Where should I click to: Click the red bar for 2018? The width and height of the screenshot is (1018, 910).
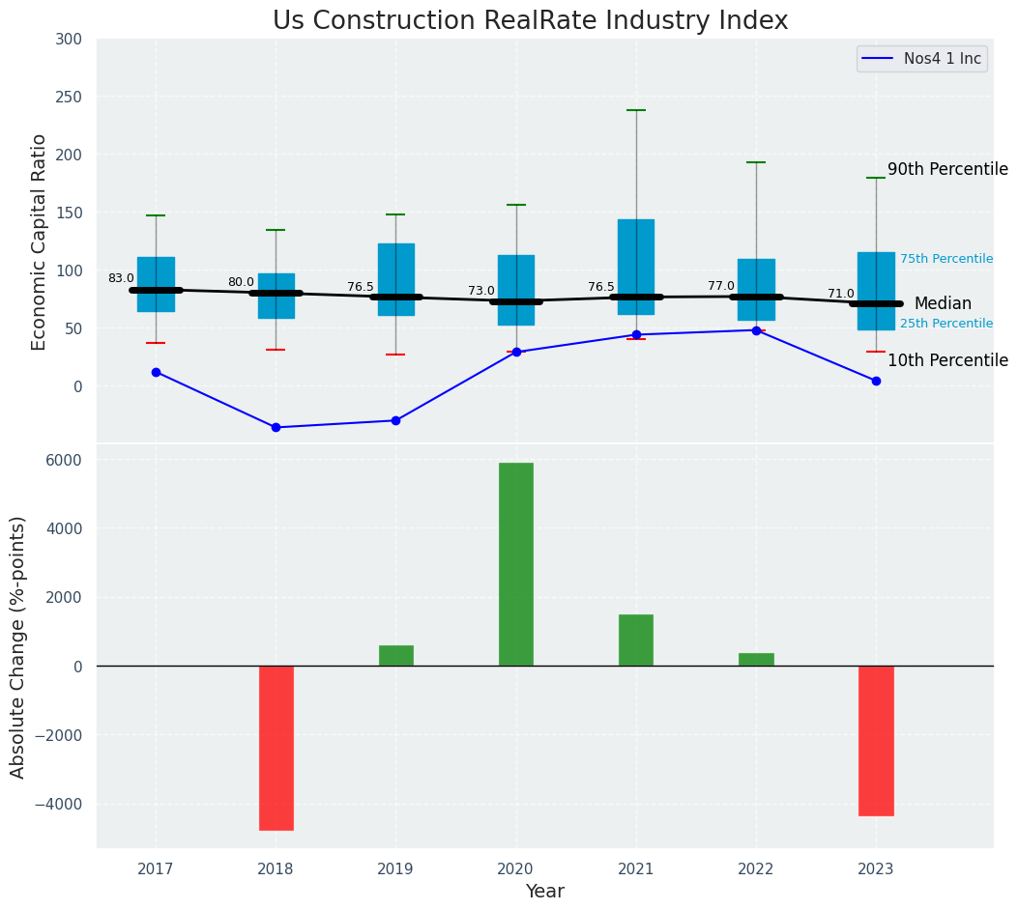point(276,748)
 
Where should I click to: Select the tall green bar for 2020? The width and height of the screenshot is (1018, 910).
point(515,564)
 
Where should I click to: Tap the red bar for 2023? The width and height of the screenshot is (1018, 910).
point(876,741)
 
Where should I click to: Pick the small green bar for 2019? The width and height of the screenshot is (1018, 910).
point(395,656)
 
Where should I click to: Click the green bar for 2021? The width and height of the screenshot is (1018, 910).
point(635,640)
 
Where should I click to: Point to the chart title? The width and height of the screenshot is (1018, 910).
point(530,21)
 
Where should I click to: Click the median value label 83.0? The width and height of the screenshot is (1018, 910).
point(121,278)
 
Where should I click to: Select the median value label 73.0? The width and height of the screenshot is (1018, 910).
point(481,291)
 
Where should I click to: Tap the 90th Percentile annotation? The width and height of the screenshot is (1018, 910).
point(947,169)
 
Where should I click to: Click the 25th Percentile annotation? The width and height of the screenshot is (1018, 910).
point(945,324)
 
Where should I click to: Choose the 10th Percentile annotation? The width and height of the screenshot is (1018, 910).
point(947,360)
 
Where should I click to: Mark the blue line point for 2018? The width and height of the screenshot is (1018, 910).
point(276,427)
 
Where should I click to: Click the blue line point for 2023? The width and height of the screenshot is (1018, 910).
point(876,381)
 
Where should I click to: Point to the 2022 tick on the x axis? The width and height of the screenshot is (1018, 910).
point(756,869)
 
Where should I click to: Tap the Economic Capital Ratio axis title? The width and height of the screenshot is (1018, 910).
point(40,242)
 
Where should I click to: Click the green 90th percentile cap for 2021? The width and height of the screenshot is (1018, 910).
point(636,110)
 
